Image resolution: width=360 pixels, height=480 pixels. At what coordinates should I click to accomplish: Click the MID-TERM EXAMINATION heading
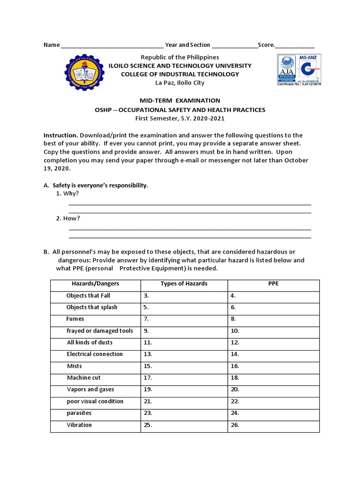pyautogui.click(x=180, y=100)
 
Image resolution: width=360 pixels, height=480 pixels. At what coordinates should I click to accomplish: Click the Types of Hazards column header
pyautogui.click(x=184, y=284)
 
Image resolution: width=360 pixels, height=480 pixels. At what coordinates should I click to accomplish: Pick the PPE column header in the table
pyautogui.click(x=273, y=284)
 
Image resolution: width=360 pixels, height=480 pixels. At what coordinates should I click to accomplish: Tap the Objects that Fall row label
pyautogui.click(x=88, y=296)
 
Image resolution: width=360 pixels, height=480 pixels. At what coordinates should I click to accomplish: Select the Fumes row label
pyautogui.click(x=75, y=319)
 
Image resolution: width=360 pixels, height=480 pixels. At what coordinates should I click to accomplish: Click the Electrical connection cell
pyautogui.click(x=95, y=354)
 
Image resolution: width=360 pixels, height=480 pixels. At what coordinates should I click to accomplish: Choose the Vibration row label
pyautogui.click(x=79, y=425)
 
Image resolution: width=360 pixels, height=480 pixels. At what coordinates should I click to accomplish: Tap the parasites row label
pyautogui.click(x=79, y=413)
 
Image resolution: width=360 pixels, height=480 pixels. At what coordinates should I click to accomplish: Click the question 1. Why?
pyautogui.click(x=67, y=193)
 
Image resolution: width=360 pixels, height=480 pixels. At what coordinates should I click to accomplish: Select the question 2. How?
pyautogui.click(x=67, y=218)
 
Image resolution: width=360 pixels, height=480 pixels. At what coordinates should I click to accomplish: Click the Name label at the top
pyautogui.click(x=52, y=45)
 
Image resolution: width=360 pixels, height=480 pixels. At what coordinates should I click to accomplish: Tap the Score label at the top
pyautogui.click(x=266, y=45)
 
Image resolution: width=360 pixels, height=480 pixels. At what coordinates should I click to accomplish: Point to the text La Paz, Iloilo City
pyautogui.click(x=180, y=82)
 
